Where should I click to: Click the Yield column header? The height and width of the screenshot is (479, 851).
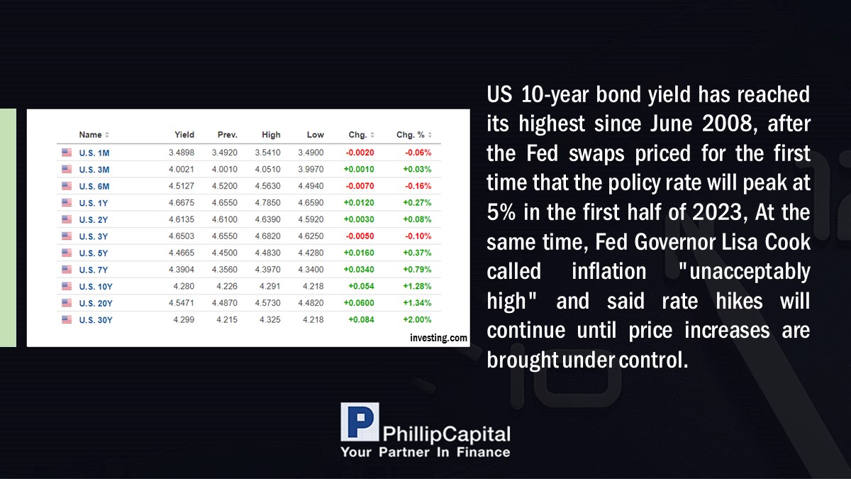point(184,135)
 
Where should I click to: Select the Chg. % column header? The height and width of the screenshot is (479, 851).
point(411,135)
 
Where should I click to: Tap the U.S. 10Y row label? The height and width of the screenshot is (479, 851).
point(96,287)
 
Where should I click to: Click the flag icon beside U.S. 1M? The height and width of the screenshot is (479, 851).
point(67,153)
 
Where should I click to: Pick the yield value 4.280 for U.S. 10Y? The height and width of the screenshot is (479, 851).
point(184,286)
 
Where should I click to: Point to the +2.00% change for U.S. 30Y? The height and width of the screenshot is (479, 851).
point(417,320)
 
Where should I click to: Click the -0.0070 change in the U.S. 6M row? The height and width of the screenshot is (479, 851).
point(360,186)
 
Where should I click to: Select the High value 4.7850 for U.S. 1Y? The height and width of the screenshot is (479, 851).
point(268,203)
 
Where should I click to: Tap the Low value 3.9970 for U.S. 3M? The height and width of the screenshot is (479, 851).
point(311,169)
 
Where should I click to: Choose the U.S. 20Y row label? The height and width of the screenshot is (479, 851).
point(96,304)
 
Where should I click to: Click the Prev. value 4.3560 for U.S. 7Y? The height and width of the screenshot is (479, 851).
point(225,270)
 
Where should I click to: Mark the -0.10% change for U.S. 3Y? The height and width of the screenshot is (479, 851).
point(418,236)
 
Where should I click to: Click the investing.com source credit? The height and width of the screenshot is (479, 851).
point(438,338)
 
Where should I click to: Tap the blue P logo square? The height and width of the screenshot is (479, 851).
point(360,422)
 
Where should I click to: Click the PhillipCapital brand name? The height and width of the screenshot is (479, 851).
point(446,434)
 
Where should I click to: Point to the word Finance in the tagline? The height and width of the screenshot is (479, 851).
point(483,453)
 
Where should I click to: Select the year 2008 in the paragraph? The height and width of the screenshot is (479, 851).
point(727,123)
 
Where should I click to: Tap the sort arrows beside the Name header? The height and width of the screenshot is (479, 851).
point(107,135)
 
